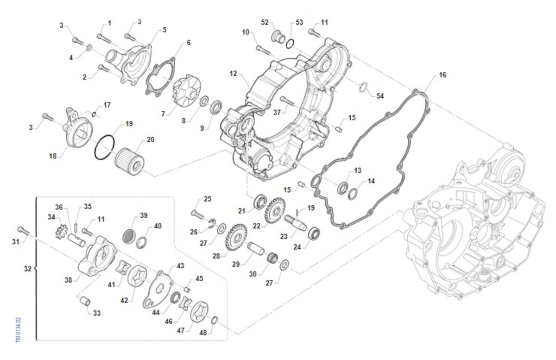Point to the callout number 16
(x=442, y=75)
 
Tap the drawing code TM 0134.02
(x=19, y=330)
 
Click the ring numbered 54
(x=364, y=87)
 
